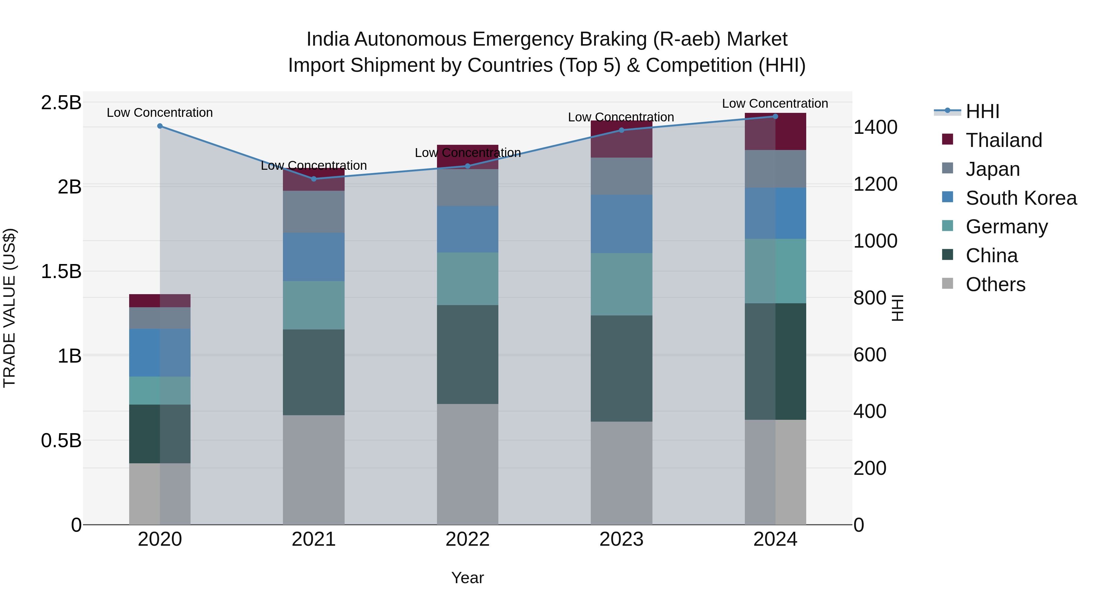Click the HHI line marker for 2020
160,126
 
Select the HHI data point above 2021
314,179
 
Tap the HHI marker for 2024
775,116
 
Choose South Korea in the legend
1021,198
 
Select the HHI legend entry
982,111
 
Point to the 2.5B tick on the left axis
61,103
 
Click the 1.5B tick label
61,271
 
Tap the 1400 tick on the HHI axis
875,127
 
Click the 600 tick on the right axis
870,355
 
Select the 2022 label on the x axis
468,539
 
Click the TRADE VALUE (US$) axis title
10,308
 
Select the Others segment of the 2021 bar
314,469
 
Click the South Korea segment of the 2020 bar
160,353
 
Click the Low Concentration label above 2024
775,103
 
